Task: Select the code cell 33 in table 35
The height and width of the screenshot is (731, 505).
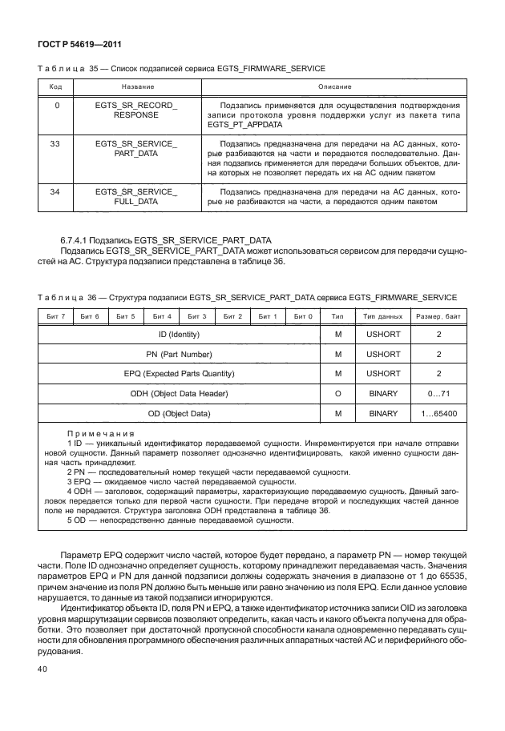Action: click(x=55, y=143)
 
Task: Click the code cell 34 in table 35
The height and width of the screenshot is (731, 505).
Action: click(x=55, y=192)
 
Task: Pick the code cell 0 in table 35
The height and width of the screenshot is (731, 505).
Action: click(x=55, y=105)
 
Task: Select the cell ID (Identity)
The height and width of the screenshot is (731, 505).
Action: click(x=180, y=334)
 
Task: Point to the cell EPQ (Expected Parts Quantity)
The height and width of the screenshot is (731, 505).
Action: click(x=180, y=374)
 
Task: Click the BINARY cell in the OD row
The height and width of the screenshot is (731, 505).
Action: click(x=383, y=413)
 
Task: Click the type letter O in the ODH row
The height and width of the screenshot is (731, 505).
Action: click(x=338, y=394)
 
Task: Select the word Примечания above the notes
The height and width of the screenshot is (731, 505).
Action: click(x=101, y=433)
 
